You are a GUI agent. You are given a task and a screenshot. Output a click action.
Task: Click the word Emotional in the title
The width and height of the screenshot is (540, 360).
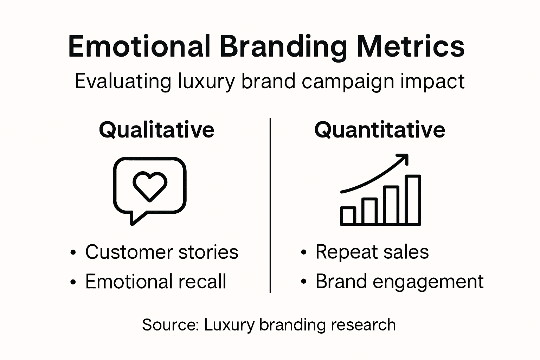[139, 46]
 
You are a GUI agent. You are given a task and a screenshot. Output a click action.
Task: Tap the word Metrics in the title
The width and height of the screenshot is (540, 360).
[410, 46]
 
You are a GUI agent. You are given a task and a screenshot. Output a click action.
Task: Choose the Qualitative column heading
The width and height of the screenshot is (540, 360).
[156, 130]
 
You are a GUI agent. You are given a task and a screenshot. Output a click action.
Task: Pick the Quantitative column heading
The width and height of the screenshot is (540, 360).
[380, 130]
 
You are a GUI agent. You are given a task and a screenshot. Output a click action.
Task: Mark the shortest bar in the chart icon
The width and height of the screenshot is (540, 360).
[348, 216]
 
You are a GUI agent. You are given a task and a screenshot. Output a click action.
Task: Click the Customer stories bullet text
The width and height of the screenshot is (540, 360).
[162, 252]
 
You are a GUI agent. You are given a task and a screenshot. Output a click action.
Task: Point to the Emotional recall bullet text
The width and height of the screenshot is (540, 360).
[155, 282]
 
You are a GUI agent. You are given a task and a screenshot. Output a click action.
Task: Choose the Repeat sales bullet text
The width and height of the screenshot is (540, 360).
[372, 252]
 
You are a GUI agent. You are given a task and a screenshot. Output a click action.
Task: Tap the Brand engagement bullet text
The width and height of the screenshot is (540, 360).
[399, 282]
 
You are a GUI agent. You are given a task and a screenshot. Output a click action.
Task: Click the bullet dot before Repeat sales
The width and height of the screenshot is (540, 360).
[304, 253]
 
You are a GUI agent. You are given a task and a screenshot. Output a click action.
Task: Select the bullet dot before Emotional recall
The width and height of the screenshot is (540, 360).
[73, 282]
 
